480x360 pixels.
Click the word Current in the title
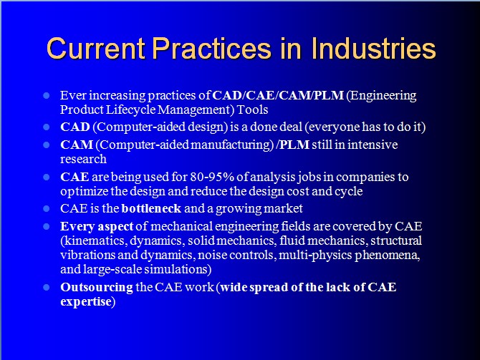point(96,49)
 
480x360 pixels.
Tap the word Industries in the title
point(373,49)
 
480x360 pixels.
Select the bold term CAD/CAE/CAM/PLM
point(278,95)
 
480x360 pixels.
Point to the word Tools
point(253,110)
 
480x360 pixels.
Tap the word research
point(84,159)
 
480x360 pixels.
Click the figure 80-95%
point(212,177)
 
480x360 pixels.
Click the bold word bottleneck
point(152,208)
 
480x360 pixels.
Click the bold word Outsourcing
point(97,288)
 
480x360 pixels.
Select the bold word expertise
point(86,302)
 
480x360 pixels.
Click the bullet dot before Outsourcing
point(47,287)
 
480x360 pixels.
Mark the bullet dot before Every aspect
point(47,226)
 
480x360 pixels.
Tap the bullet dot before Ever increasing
point(47,96)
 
